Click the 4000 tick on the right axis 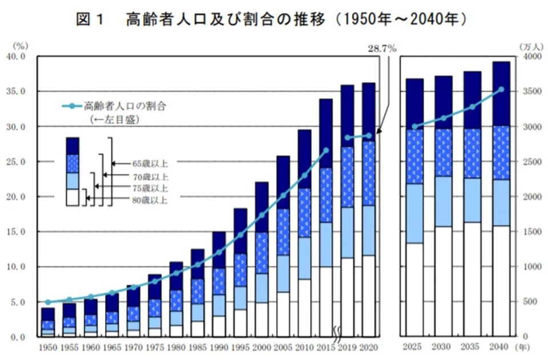[x=530, y=56]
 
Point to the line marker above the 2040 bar [x=501, y=89]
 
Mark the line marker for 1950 [x=48, y=302]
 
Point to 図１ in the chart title [x=91, y=19]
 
